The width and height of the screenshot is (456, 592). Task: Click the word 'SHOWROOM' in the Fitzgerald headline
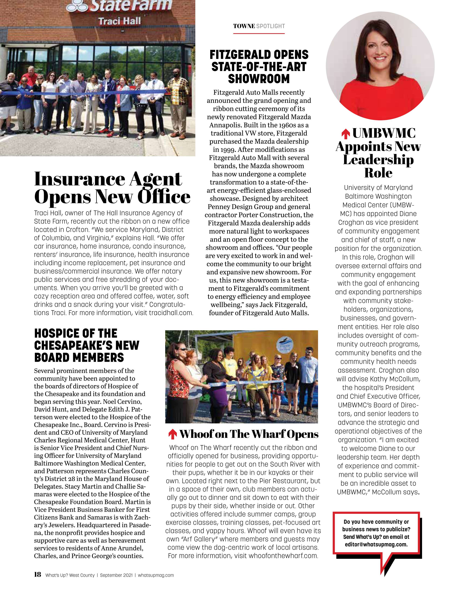pos(259,79)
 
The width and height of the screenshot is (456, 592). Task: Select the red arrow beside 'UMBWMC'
pos(345,134)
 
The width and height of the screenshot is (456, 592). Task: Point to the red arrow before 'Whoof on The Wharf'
pos(173,434)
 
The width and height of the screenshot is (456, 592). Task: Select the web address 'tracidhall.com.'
pos(171,313)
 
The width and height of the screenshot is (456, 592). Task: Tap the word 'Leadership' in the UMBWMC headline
pos(378,160)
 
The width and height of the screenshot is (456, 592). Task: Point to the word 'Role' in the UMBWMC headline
pos(378,173)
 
